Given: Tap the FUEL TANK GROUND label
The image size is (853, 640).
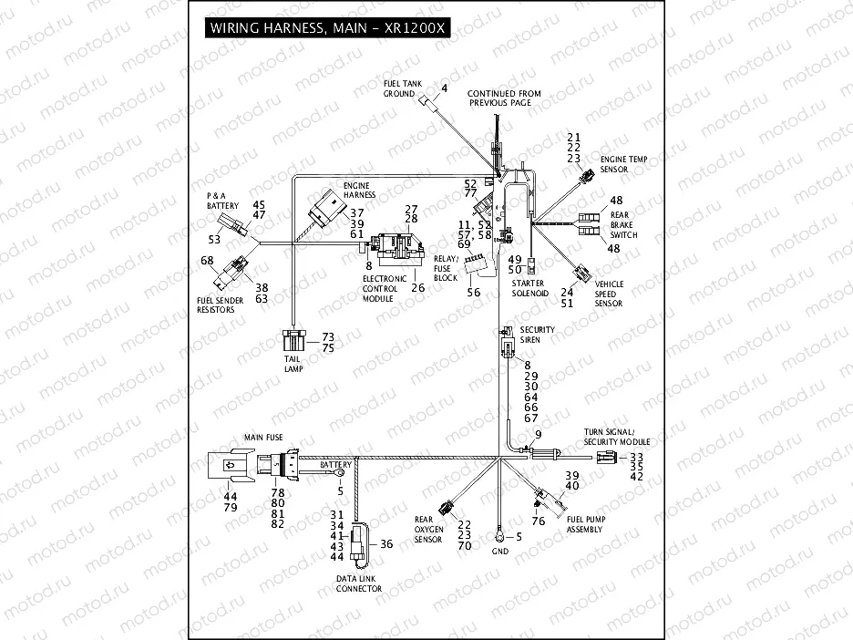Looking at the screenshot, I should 399,88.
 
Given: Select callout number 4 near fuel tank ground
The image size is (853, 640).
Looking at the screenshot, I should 445,88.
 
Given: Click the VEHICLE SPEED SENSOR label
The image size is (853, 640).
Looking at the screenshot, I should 609,294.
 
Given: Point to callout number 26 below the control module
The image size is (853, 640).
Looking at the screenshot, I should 417,288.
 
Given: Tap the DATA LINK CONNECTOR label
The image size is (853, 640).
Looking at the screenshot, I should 358,584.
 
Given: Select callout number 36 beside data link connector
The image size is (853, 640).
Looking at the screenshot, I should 385,544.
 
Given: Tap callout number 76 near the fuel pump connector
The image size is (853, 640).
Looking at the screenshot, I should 539,521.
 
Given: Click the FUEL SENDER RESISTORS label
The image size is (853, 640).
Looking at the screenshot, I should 216,305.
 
